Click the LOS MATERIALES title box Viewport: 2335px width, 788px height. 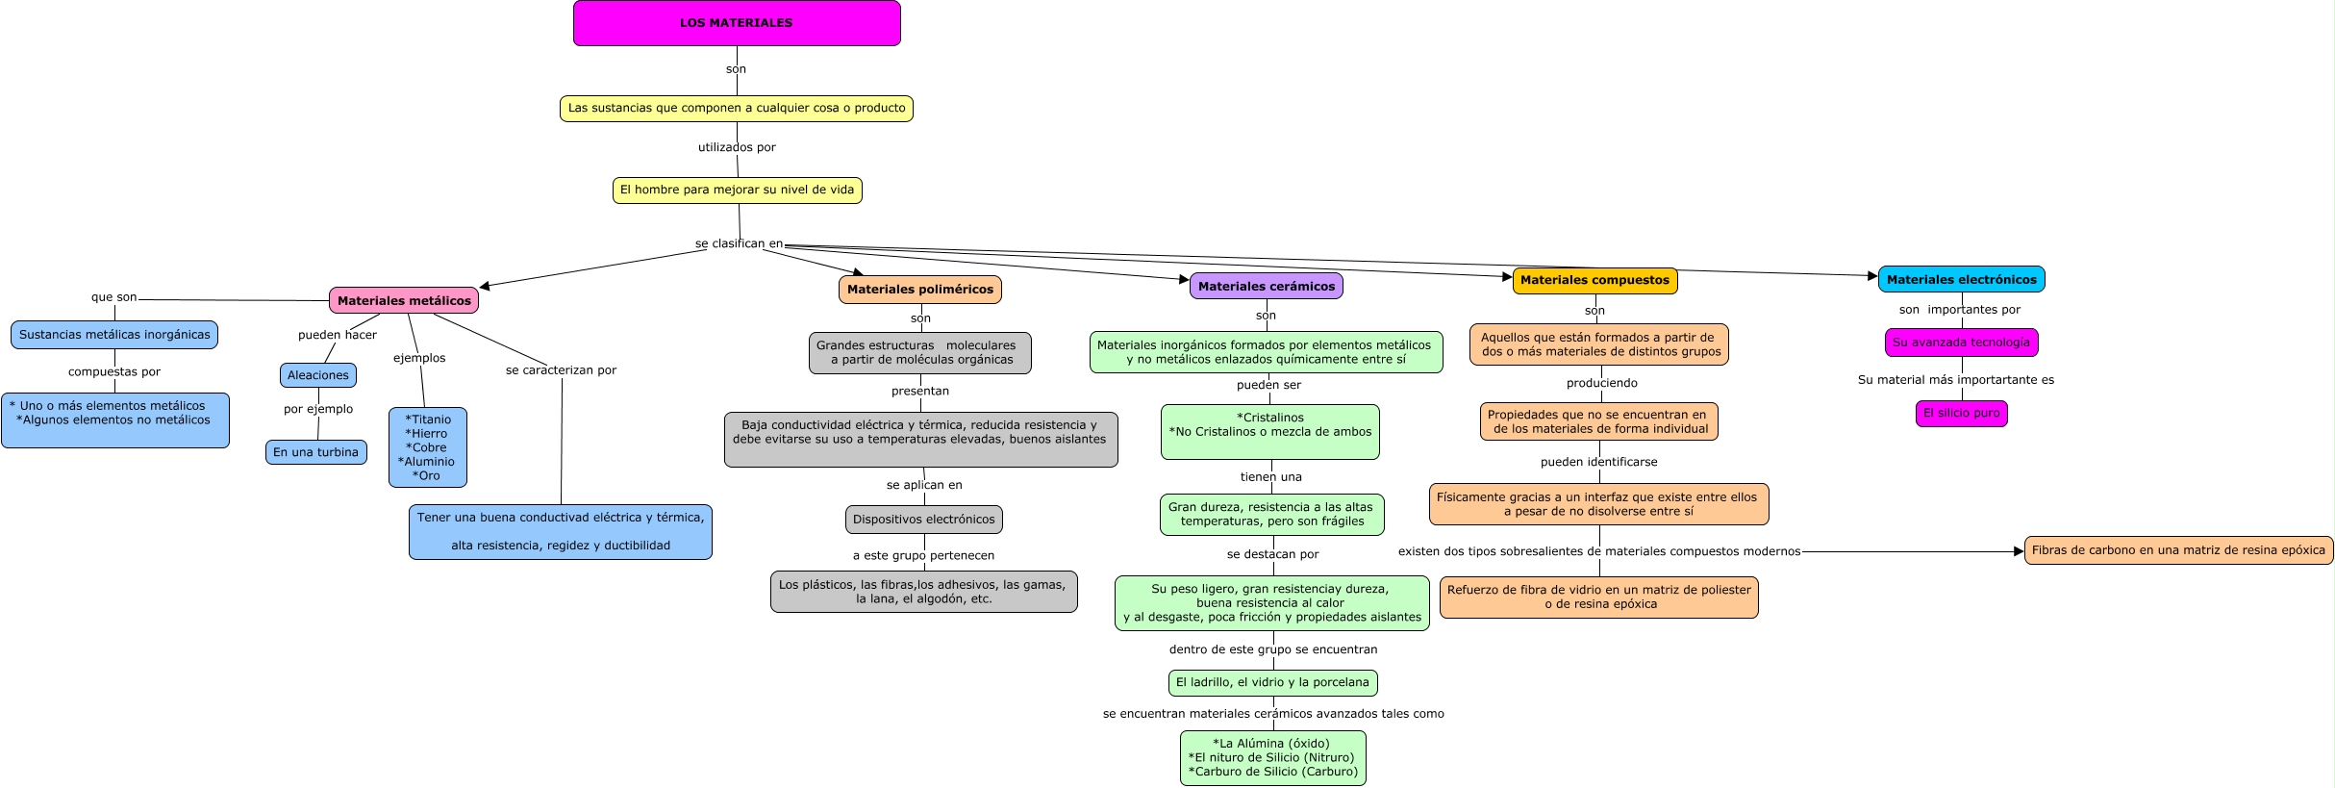pos(737,23)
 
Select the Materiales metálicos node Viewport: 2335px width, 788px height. pos(404,300)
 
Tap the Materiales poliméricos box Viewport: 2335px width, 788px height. pos(919,289)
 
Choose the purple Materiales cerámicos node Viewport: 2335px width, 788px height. pos(1266,286)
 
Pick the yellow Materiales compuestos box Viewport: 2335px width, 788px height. pos(1594,280)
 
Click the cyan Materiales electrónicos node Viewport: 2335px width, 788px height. pos(1961,279)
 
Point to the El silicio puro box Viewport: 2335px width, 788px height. pos(1961,413)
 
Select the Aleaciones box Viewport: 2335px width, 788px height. pos(318,375)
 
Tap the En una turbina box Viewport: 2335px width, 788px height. pos(315,452)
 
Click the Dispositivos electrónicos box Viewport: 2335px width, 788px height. pos(923,520)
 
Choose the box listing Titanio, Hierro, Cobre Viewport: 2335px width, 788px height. pos(428,447)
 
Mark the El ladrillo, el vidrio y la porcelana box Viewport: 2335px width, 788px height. pos(1272,682)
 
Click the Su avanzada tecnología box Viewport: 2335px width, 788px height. pos(1961,343)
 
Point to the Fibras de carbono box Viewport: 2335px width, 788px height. pos(2178,550)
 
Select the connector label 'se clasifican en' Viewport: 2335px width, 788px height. pos(739,243)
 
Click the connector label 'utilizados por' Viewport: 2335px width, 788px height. pos(737,147)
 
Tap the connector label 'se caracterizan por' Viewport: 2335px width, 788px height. pos(561,369)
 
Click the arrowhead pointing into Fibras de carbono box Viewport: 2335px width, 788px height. pos(2019,551)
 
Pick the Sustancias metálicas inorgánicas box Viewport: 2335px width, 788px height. pos(114,335)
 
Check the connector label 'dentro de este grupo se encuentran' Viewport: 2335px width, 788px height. pos(1272,649)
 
